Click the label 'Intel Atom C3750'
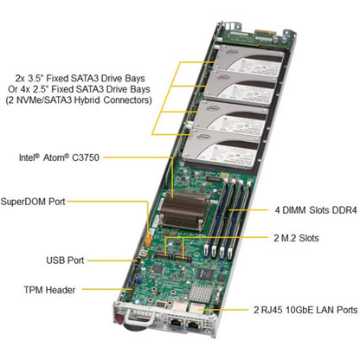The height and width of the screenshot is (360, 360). (x=59, y=157)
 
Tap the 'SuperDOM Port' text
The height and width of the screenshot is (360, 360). (x=33, y=202)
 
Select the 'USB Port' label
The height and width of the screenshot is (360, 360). (x=65, y=260)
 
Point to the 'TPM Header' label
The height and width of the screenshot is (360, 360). (x=49, y=290)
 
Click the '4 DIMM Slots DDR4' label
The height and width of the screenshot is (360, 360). (x=316, y=210)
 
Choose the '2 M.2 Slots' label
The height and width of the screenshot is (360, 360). (x=296, y=238)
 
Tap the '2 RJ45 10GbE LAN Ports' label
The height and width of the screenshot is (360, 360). (x=305, y=310)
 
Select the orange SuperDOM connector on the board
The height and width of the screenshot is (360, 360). (x=148, y=239)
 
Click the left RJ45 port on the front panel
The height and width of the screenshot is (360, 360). (x=175, y=322)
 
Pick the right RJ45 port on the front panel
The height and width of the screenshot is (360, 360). (x=194, y=325)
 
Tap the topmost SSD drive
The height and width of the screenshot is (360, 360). (x=249, y=61)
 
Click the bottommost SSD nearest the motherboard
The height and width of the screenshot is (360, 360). (x=222, y=149)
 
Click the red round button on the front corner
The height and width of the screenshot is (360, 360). (x=119, y=319)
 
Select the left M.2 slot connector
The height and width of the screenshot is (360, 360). (x=164, y=255)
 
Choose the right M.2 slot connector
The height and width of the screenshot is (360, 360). (x=183, y=258)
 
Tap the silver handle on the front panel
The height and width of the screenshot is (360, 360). (x=140, y=318)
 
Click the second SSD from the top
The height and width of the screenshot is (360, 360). (x=241, y=87)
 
